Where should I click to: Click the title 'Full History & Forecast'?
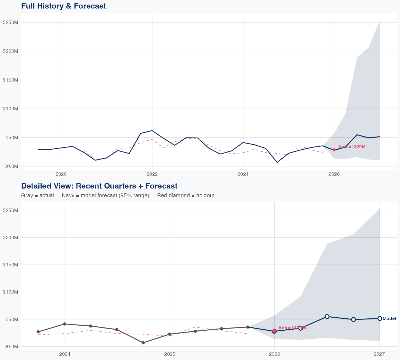click(63, 6)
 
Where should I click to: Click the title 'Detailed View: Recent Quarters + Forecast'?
click(99, 186)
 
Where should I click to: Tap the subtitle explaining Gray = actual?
click(118, 195)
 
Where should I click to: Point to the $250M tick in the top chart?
click(10, 22)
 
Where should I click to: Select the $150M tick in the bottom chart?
click(10, 265)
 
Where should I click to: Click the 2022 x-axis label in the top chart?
click(152, 174)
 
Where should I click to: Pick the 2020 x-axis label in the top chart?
click(61, 174)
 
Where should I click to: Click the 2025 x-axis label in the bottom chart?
click(169, 354)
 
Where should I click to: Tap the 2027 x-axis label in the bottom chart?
click(379, 354)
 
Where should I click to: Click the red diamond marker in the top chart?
click(334, 150)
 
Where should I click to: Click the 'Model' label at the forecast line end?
click(389, 318)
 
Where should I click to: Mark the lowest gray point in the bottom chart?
click(143, 343)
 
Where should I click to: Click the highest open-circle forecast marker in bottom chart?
click(327, 317)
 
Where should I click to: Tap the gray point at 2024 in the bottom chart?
click(65, 324)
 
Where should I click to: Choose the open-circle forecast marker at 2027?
click(380, 318)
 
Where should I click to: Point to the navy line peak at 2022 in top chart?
click(152, 130)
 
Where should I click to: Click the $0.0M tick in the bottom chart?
click(10, 347)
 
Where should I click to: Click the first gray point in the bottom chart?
click(38, 332)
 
